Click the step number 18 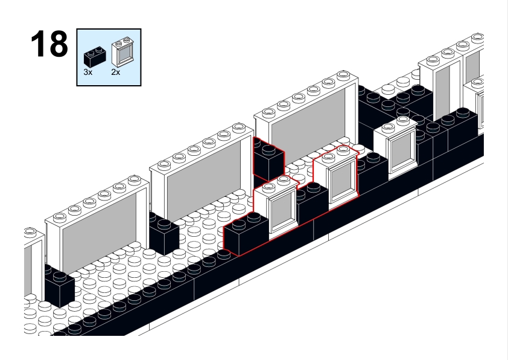[49, 44]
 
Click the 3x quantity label [88, 71]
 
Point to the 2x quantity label [116, 71]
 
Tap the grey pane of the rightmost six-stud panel [308, 130]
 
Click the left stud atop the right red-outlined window [329, 155]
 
